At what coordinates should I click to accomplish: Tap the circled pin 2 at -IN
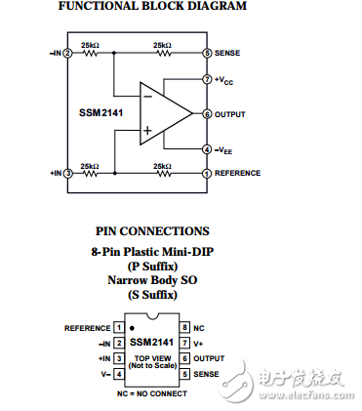click(68, 54)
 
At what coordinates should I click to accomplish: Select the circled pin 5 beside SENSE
click(207, 54)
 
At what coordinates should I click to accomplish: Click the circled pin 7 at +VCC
click(207, 78)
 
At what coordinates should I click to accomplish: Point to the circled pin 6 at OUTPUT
click(207, 114)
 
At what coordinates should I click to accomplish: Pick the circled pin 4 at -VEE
click(207, 149)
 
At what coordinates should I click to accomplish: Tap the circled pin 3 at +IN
click(68, 174)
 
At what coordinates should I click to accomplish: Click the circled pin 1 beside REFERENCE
click(207, 174)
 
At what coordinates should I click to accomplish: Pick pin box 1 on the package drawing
click(118, 327)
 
